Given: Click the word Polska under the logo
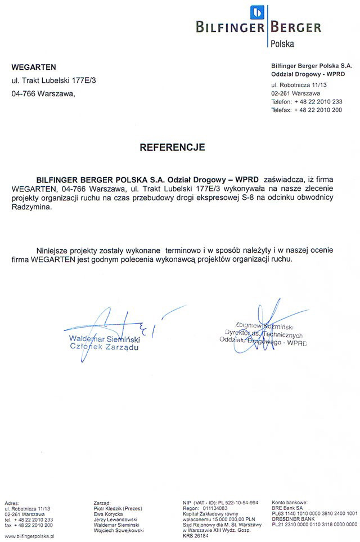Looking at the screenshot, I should pyautogui.click(x=282, y=43).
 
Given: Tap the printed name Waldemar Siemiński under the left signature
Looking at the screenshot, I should pyautogui.click(x=104, y=339).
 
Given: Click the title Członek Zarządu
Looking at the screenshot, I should pyautogui.click(x=103, y=347).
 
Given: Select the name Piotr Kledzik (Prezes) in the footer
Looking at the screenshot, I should pyautogui.click(x=118, y=507).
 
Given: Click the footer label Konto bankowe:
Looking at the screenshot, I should pyautogui.click(x=290, y=501).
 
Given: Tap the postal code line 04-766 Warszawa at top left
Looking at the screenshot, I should pyautogui.click(x=43, y=94).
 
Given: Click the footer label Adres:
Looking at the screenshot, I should pyautogui.click(x=12, y=501).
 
